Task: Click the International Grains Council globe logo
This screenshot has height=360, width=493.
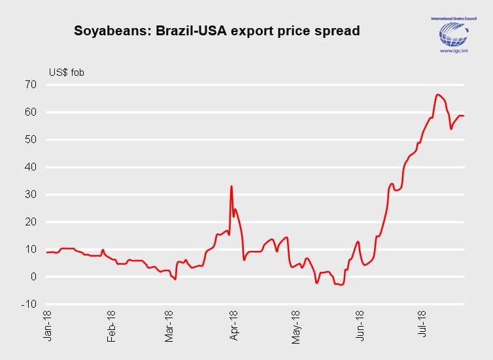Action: pyautogui.click(x=454, y=34)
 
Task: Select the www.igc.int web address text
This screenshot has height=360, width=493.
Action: pyautogui.click(x=454, y=50)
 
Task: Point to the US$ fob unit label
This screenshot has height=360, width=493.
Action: pyautogui.click(x=66, y=73)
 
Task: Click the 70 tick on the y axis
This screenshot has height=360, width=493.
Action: pyautogui.click(x=31, y=84)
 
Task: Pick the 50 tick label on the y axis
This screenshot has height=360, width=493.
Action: pyautogui.click(x=31, y=139)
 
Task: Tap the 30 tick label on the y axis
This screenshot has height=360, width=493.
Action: pyautogui.click(x=31, y=195)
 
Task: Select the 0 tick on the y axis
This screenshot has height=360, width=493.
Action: pyautogui.click(x=33, y=277)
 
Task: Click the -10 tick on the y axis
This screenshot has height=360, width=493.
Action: pyautogui.click(x=29, y=304)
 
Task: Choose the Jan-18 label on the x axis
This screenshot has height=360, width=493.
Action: pyautogui.click(x=47, y=326)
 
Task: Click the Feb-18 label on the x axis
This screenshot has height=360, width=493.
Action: pyautogui.click(x=111, y=327)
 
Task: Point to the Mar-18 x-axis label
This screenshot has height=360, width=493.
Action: pyautogui.click(x=169, y=327)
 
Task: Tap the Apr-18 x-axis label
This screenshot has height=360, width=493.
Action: pyautogui.click(x=234, y=326)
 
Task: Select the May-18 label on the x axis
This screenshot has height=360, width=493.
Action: pyautogui.click(x=296, y=327)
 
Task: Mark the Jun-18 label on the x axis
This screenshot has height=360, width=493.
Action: pyautogui.click(x=360, y=326)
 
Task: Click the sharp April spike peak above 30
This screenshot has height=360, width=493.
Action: pyautogui.click(x=231, y=186)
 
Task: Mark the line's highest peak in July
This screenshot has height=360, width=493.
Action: pyautogui.click(x=437, y=94)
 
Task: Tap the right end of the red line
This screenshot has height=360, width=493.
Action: pyautogui.click(x=464, y=116)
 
